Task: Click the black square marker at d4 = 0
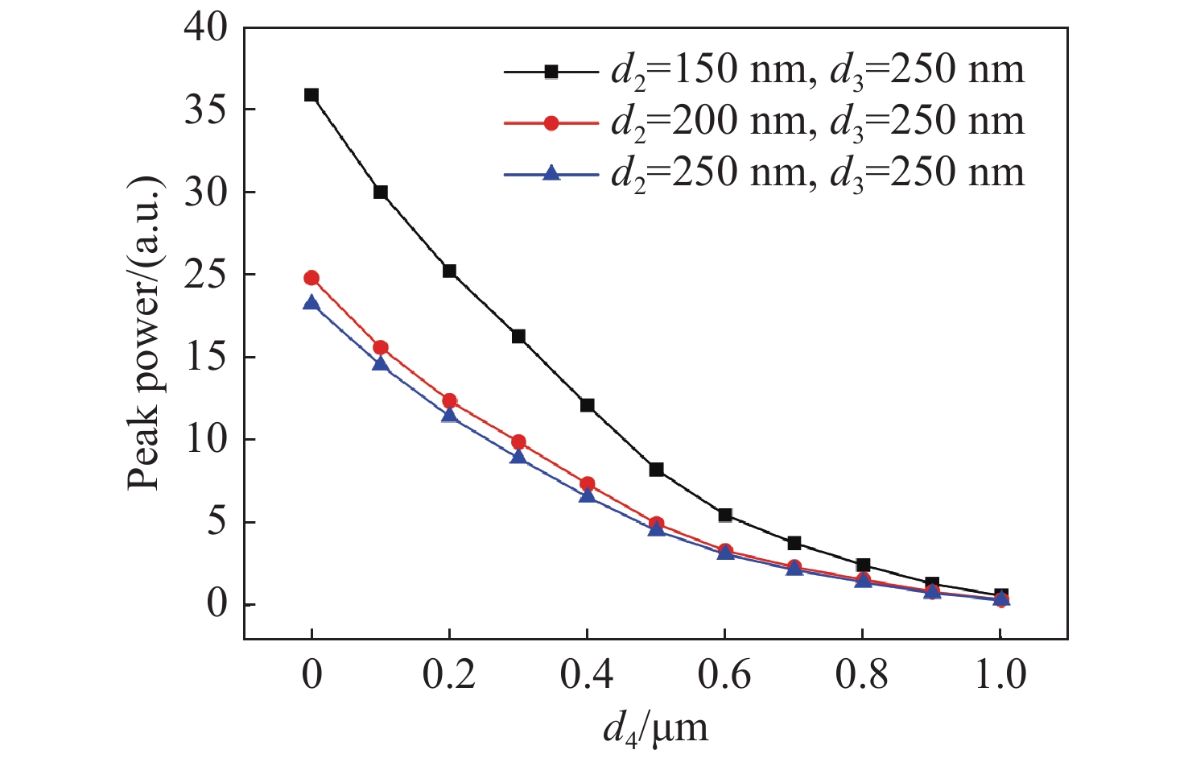click(311, 95)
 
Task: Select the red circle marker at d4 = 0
click(311, 278)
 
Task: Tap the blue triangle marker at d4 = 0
click(311, 303)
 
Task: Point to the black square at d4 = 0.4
click(587, 405)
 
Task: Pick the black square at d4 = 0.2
click(449, 271)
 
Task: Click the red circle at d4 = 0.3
click(518, 442)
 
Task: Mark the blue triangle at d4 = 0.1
click(381, 364)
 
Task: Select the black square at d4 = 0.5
click(656, 470)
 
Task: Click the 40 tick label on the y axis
click(205, 28)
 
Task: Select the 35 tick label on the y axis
click(205, 110)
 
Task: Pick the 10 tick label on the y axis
click(205, 440)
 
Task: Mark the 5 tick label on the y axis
click(217, 522)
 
